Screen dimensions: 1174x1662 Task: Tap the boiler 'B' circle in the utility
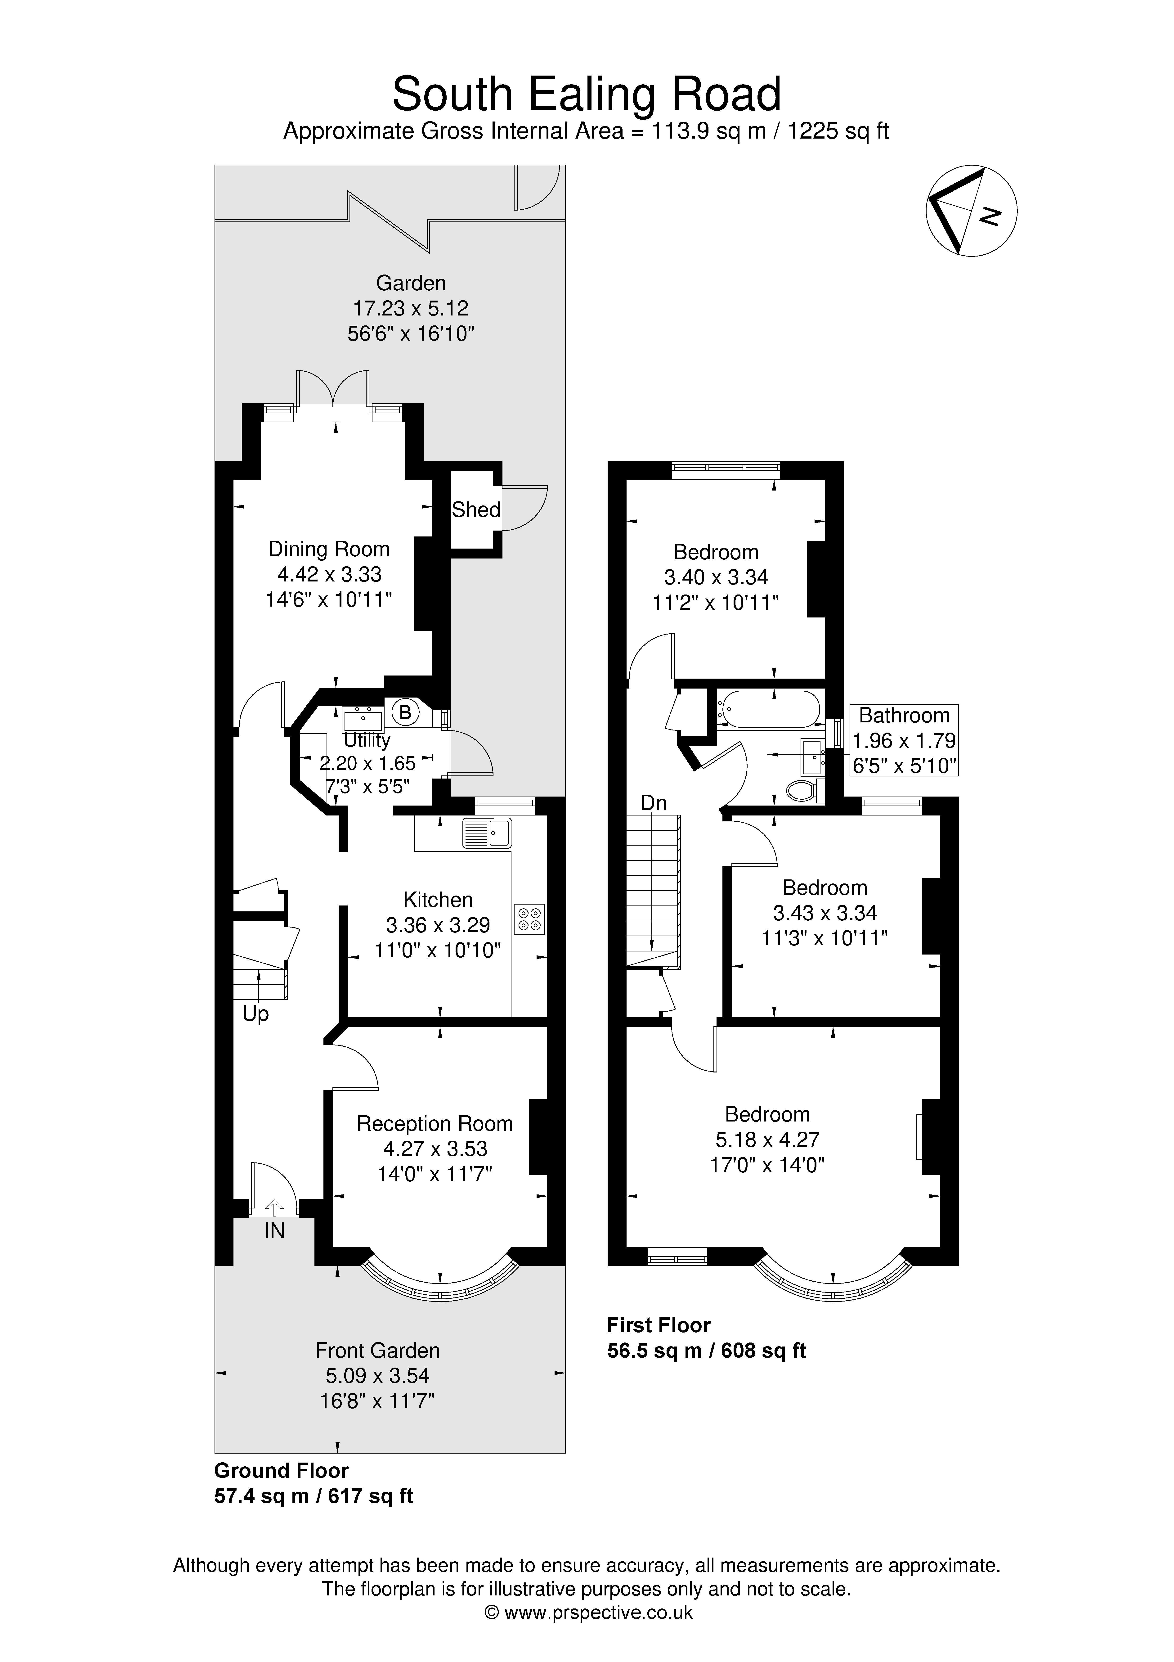tap(405, 712)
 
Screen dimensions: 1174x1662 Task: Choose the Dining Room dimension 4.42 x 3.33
tap(329, 574)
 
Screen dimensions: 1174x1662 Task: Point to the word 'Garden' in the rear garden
tap(410, 283)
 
